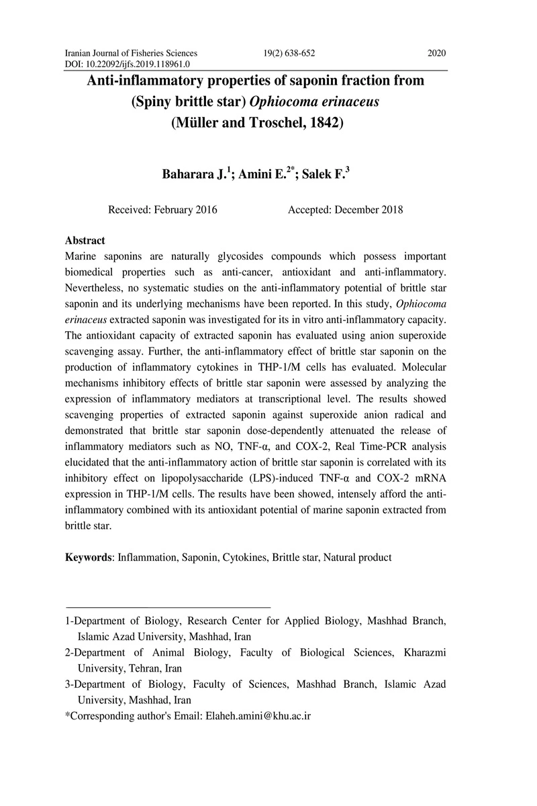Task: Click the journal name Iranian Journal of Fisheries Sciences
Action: pos(131,54)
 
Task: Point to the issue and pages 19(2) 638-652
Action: pos(286,54)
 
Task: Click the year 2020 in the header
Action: pos(436,54)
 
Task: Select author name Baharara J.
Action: pos(194,175)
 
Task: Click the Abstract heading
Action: pos(85,240)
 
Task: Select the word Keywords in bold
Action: pos(88,557)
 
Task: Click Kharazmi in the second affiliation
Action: pos(424,652)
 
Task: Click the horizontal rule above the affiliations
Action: pos(167,607)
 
